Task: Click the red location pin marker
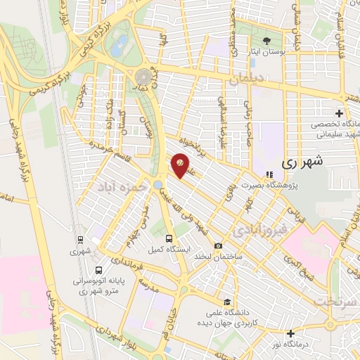(181, 164)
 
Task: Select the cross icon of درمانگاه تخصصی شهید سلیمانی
(340, 113)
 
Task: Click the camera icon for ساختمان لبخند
(219, 246)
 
